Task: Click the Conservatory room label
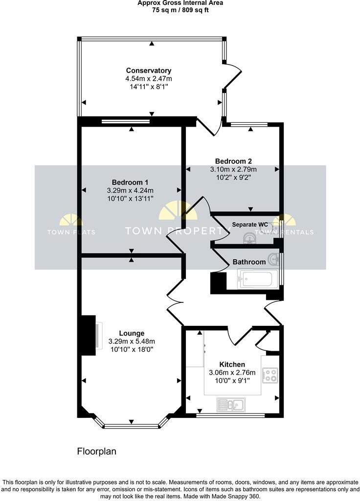tap(148, 70)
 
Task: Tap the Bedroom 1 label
tap(130, 182)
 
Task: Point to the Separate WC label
tap(250, 225)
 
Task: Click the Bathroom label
tap(249, 262)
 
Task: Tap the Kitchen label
tap(232, 364)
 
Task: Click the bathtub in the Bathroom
tap(257, 279)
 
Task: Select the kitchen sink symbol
tap(231, 405)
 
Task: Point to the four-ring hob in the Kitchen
tap(270, 375)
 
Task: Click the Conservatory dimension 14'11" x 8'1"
tap(148, 87)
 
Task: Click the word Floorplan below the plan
tap(97, 451)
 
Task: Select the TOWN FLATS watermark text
tap(71, 232)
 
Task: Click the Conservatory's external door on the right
tap(233, 77)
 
